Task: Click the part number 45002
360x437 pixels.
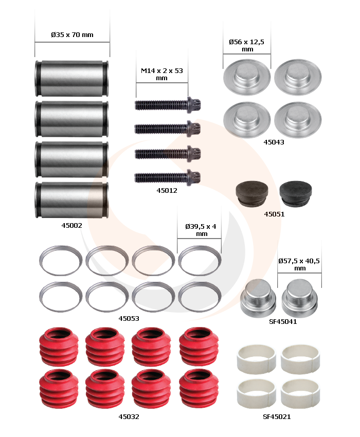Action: click(71, 226)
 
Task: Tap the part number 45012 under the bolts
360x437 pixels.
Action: click(167, 191)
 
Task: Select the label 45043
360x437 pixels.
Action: click(274, 142)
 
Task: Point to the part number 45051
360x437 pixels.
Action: click(274, 214)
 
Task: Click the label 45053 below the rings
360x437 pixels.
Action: click(129, 319)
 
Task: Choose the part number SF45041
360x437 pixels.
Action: click(283, 322)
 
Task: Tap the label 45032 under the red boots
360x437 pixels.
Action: click(129, 417)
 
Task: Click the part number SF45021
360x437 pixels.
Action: click(277, 417)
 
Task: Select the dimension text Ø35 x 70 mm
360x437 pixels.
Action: click(72, 35)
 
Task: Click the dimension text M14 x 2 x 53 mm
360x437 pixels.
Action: click(161, 74)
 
